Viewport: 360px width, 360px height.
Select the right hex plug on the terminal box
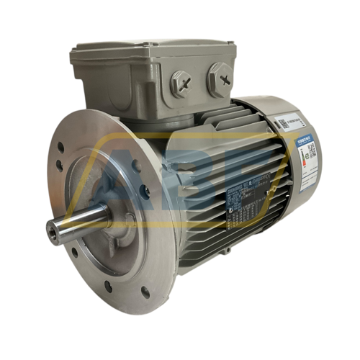coord(220,74)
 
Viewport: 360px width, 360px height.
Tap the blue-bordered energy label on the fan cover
coord(307,155)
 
